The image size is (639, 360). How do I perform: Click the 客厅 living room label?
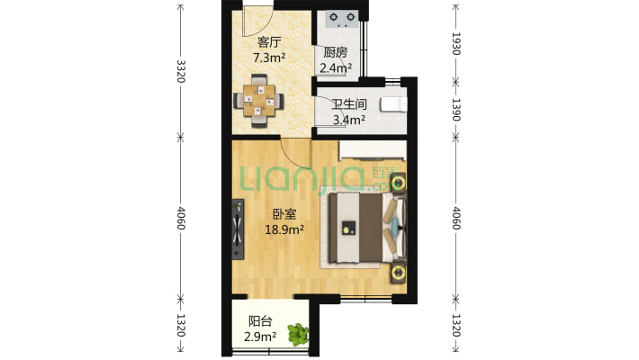[269, 42]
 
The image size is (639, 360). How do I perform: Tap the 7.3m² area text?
[269, 58]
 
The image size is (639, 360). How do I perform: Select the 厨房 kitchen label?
[336, 52]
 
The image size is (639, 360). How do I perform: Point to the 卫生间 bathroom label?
[349, 104]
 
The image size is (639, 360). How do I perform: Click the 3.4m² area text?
[349, 120]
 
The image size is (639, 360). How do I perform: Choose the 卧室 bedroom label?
[284, 214]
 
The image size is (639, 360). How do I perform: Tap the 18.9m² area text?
[284, 229]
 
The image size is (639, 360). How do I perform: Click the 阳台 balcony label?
[260, 321]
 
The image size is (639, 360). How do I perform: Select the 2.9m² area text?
[260, 337]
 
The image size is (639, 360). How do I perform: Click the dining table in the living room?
[259, 100]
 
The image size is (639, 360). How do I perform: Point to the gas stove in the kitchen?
[342, 19]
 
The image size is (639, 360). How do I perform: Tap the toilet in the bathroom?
[393, 104]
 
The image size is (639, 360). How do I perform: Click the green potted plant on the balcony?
[298, 335]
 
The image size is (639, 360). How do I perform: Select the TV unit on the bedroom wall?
[238, 229]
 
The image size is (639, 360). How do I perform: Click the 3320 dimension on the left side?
[181, 71]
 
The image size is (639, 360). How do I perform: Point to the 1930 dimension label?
[456, 43]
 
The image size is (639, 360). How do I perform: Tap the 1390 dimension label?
[456, 110]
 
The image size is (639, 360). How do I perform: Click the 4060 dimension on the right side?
[456, 218]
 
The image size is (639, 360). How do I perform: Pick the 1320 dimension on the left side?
[181, 325]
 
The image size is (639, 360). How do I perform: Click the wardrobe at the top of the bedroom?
[373, 150]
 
